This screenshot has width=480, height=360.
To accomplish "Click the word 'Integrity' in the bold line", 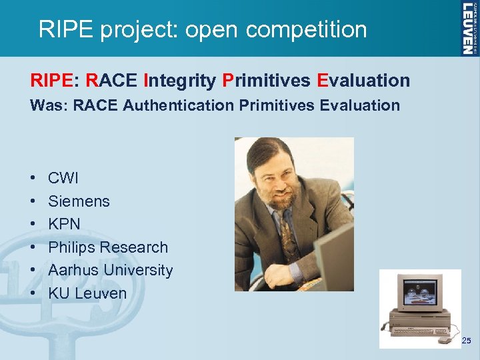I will pyautogui.click(x=179, y=81).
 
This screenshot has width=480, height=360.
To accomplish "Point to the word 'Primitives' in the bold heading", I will pyautogui.click(x=267, y=81).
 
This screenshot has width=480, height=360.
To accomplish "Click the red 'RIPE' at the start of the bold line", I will pyautogui.click(x=51, y=81).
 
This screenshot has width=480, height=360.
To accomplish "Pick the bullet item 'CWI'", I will pyautogui.click(x=63, y=178).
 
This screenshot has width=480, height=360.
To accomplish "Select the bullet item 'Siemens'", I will pyautogui.click(x=79, y=201).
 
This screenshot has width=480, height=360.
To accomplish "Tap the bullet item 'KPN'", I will pyautogui.click(x=64, y=224).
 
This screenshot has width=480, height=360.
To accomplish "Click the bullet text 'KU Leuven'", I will pyautogui.click(x=87, y=293).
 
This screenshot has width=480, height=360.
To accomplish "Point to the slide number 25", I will pyautogui.click(x=466, y=341).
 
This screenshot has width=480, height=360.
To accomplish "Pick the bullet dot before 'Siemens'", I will pyautogui.click(x=33, y=201).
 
